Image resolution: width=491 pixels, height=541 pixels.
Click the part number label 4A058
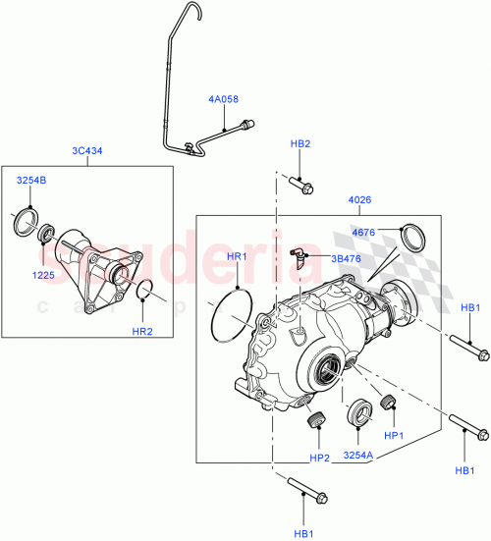click(223, 100)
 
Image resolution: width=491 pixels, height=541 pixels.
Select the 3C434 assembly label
click(87, 150)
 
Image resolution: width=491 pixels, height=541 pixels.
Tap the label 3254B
click(30, 181)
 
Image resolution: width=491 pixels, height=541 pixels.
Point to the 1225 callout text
click(43, 276)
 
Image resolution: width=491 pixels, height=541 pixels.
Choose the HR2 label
click(142, 331)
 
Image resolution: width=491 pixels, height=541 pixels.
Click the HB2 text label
click(300, 143)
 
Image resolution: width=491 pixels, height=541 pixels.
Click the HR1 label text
click(239, 256)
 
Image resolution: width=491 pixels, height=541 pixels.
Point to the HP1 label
click(394, 435)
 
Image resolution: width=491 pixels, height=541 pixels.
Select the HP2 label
click(319, 458)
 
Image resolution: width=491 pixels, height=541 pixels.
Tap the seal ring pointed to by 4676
click(415, 239)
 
